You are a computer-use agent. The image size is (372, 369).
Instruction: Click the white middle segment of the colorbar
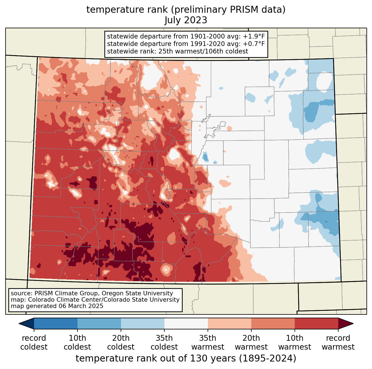186,323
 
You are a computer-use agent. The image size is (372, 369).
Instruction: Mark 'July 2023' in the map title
186,20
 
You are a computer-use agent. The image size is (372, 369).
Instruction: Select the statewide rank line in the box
177,52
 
